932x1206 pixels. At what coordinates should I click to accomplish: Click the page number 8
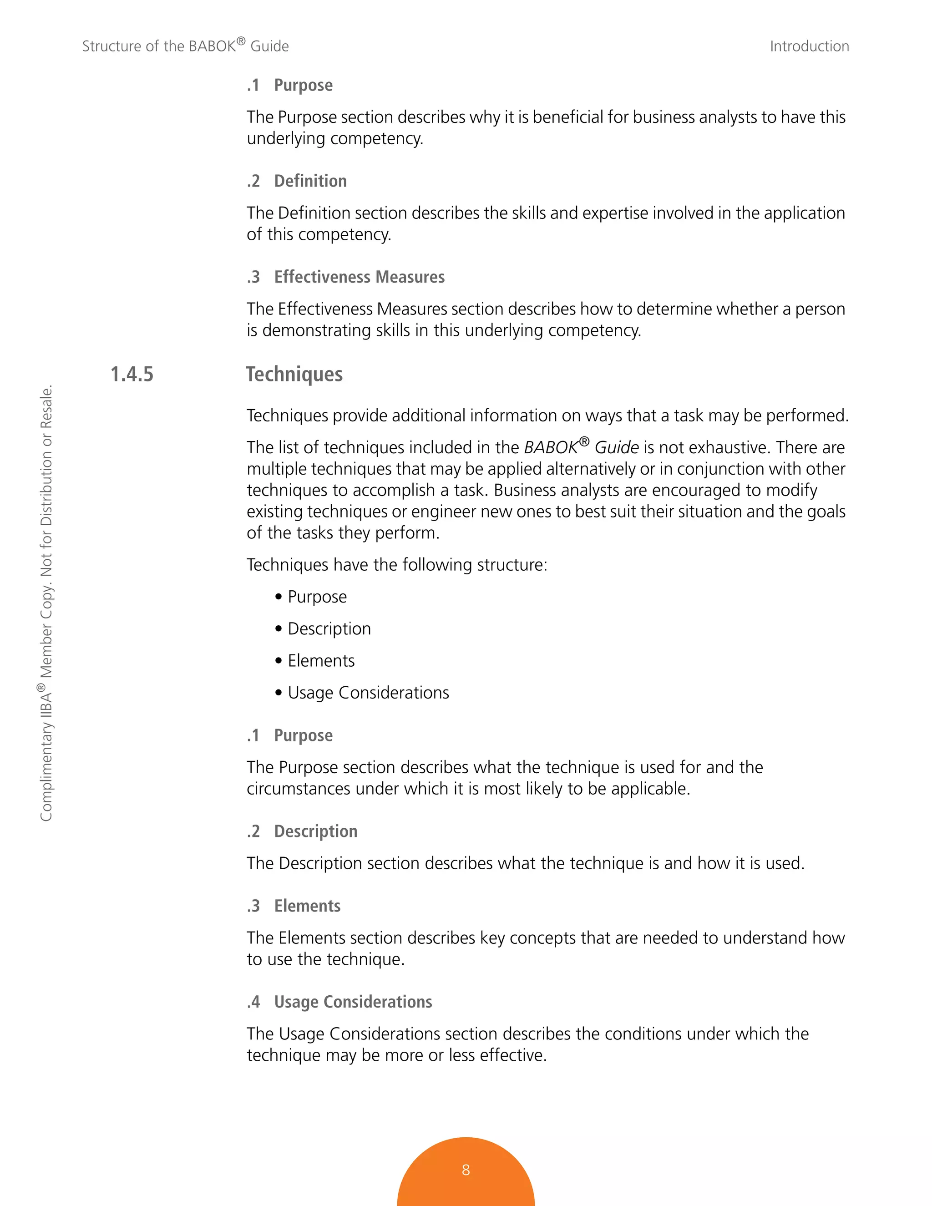466,1170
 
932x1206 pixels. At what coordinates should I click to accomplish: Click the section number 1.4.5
132,375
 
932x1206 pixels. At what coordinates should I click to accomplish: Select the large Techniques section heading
294,375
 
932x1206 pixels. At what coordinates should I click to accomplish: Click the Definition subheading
310,181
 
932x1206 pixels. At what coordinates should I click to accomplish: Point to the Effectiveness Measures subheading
359,277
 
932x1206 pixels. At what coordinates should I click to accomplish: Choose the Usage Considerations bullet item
368,693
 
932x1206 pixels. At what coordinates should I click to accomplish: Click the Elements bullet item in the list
321,661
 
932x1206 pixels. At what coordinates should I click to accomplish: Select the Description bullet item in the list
329,629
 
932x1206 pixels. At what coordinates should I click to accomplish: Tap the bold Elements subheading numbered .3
307,906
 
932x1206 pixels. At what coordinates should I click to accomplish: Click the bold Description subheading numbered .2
315,831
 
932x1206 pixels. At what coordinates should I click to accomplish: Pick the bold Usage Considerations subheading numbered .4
353,1002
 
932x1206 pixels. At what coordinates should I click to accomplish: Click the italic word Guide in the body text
616,448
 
